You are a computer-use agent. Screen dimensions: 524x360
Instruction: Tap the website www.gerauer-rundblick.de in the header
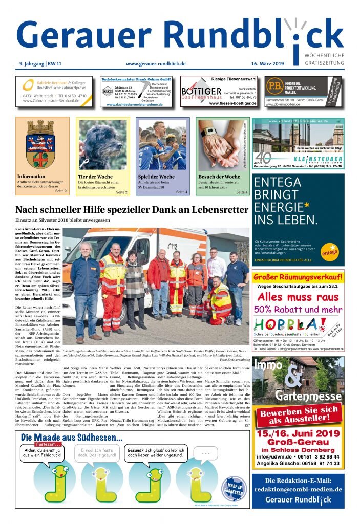click(155, 64)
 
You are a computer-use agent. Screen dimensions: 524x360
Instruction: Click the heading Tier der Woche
click(96, 177)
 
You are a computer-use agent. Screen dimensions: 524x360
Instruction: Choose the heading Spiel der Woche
click(156, 177)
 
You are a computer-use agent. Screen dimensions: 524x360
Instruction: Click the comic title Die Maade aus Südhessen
click(72, 438)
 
